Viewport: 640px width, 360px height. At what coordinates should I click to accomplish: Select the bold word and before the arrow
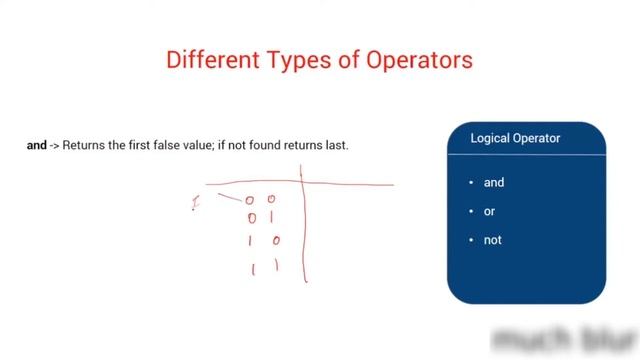[x=36, y=146]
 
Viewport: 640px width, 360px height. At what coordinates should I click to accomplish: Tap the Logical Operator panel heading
[x=515, y=139]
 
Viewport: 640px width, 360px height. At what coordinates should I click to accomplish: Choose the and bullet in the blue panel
[x=494, y=183]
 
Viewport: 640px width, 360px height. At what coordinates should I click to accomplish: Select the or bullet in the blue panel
[x=490, y=212]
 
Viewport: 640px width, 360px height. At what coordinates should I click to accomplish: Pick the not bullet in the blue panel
[x=492, y=241]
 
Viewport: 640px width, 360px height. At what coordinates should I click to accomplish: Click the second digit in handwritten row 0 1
[x=271, y=217]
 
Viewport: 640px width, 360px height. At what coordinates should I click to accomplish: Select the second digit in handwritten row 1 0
[x=276, y=241]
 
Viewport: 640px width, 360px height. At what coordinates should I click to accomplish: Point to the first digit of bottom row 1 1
[x=252, y=268]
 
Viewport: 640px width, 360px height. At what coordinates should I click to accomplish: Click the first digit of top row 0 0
[x=250, y=200]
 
